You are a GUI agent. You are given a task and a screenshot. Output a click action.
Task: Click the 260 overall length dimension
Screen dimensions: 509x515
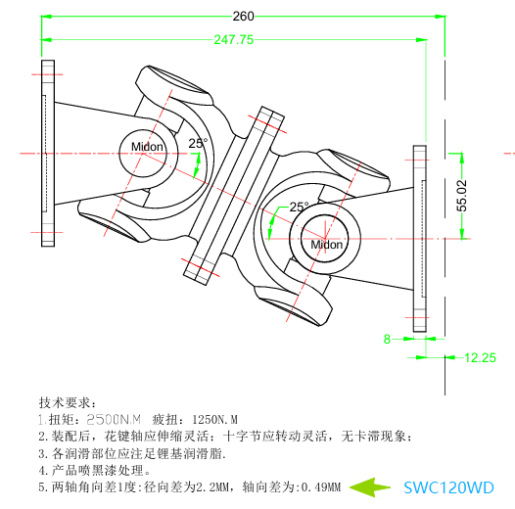[243, 16]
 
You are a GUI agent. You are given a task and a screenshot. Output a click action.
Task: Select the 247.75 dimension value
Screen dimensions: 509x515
[233, 40]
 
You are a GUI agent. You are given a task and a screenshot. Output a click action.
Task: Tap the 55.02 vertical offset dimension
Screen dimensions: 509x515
[461, 196]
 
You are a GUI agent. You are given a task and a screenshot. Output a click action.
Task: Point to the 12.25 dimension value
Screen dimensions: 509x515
[480, 358]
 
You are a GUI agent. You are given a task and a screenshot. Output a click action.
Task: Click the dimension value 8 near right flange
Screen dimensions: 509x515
[387, 339]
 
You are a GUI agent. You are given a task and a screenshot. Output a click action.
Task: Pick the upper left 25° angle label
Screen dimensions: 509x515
[198, 143]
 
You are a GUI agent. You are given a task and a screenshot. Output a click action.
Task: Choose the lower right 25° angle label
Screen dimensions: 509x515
[299, 207]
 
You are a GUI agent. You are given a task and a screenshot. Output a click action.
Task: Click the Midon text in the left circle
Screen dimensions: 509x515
[147, 148]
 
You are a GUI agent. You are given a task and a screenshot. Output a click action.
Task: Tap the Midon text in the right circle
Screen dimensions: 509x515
[326, 245]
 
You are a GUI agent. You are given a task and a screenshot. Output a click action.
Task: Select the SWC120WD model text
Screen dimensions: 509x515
[448, 486]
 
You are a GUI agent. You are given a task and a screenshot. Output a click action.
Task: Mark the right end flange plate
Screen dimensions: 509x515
[420, 240]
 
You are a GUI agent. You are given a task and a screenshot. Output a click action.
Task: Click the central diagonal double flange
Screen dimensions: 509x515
[235, 194]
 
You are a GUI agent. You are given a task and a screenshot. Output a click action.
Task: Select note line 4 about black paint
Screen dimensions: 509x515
[95, 470]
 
